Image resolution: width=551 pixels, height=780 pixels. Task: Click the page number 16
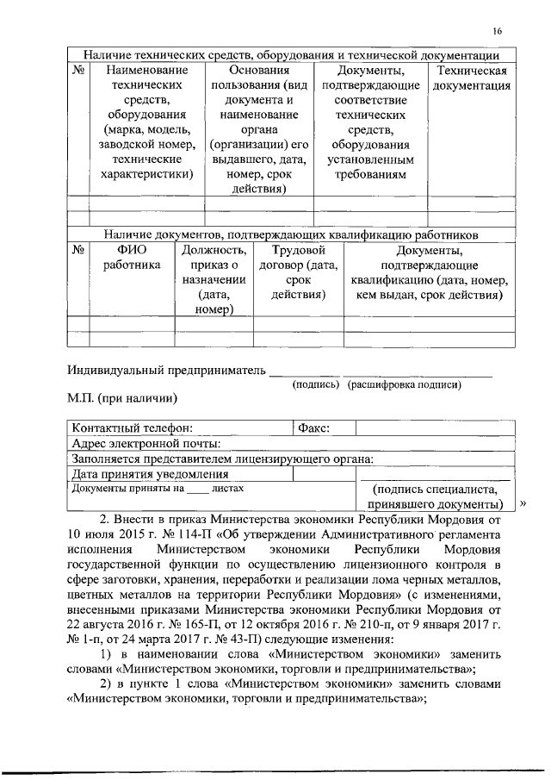pos(498,31)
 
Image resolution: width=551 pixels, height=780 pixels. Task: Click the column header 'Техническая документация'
pos(472,78)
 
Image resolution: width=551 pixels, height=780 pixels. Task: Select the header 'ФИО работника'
pos(132,258)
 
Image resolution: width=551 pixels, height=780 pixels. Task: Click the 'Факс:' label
pos(313,427)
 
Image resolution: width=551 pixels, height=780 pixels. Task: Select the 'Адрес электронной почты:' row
pos(145,443)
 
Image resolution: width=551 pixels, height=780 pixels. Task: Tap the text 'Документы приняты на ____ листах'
pos(158,488)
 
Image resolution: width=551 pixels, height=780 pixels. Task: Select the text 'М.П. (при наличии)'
pos(122,399)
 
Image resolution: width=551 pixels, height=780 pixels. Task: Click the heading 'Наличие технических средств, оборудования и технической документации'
pos(291,53)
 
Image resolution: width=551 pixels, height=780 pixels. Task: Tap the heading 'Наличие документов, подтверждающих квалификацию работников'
pos(291,234)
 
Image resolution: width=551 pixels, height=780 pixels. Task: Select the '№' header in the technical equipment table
pos(77,70)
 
